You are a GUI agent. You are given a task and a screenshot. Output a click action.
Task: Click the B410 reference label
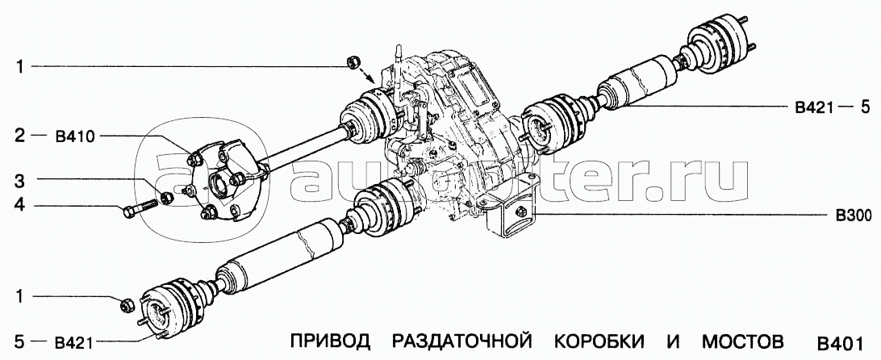75,136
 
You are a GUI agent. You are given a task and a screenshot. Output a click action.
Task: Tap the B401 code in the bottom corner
839,342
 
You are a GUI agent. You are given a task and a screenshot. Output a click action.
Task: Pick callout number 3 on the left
19,181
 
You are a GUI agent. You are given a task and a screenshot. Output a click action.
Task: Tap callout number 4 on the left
19,206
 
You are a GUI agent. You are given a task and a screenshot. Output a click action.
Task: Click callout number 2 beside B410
19,136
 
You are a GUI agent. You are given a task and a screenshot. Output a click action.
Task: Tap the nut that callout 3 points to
166,198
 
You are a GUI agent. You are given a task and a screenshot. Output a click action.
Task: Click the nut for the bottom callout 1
127,305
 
